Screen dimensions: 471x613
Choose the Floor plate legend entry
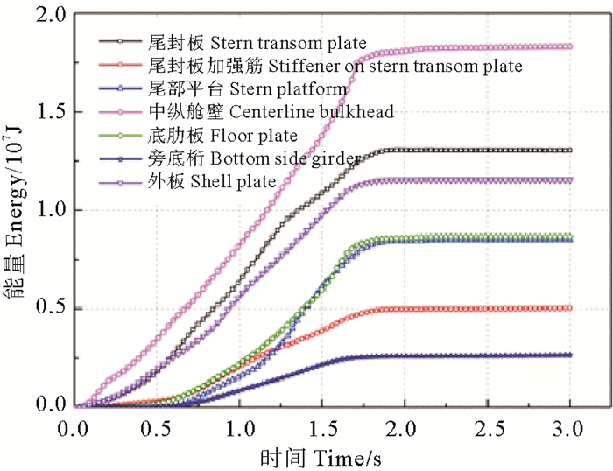[222, 135]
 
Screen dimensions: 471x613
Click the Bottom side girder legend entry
[254, 158]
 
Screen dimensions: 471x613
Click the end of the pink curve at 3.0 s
[570, 46]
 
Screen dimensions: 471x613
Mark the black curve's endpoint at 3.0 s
[570, 151]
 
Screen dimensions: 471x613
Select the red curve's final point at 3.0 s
[570, 308]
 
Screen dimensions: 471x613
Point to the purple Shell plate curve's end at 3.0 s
[570, 180]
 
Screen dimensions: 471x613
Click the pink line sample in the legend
[121, 111]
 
